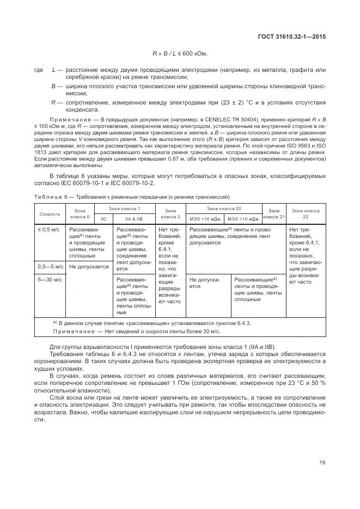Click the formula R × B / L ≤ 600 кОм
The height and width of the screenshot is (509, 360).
point(180,53)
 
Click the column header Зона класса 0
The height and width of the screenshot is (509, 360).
point(80,214)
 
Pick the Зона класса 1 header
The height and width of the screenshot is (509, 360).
point(124,209)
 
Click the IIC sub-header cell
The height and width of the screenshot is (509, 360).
point(103,219)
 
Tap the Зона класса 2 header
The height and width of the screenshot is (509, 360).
point(170,214)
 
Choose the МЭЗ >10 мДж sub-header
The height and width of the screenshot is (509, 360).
point(243,219)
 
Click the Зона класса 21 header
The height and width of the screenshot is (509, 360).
point(274,214)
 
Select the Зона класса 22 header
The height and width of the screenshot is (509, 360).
point(306,214)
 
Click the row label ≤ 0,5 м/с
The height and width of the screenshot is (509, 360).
point(47,230)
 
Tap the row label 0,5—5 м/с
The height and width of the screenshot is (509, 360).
point(51,267)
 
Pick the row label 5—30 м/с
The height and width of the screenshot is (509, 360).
point(50,279)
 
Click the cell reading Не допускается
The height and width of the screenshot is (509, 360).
point(89,267)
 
